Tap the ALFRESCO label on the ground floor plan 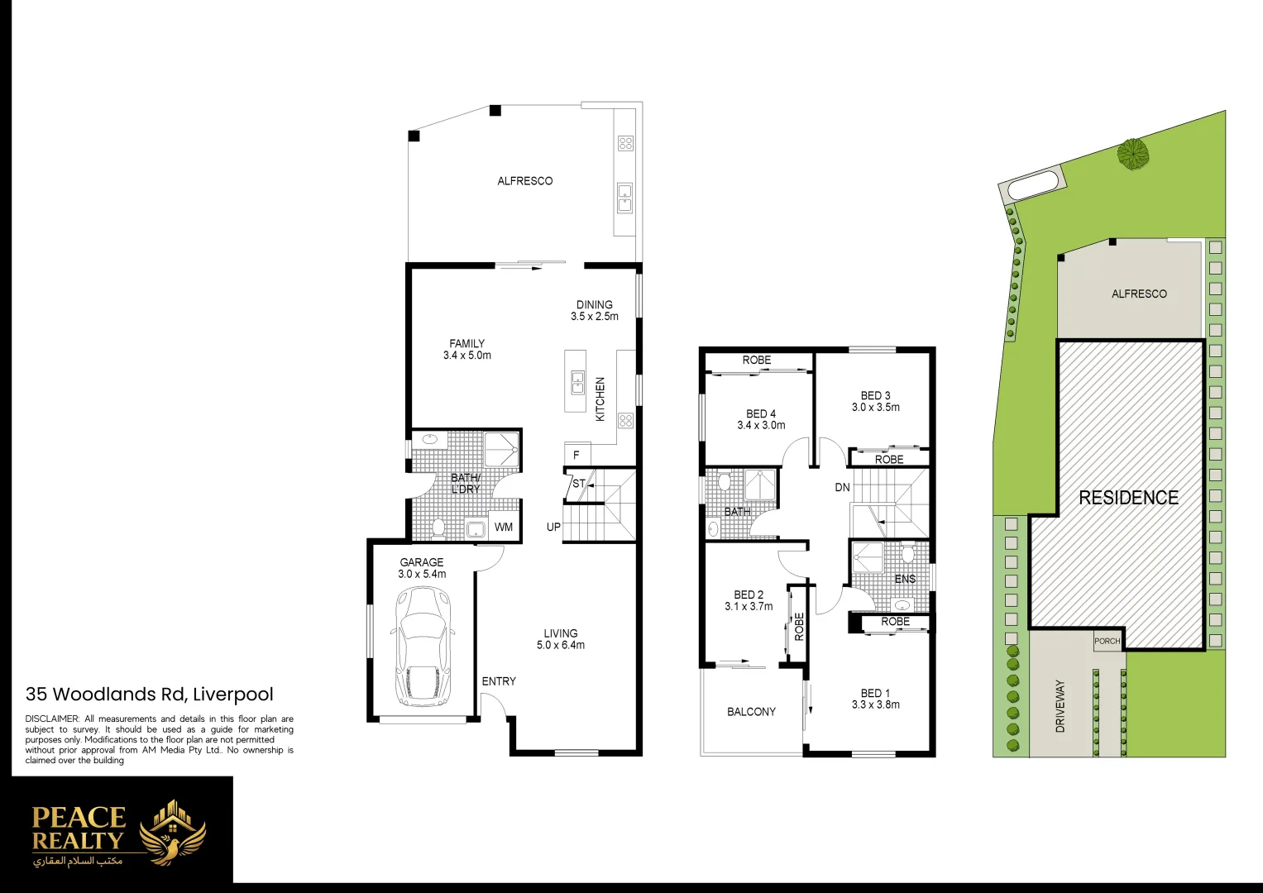coord(524,181)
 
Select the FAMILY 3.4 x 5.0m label coord(466,350)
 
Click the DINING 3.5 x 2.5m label coord(594,311)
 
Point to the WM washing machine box coord(504,528)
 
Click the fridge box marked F coord(576,456)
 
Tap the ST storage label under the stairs coord(579,484)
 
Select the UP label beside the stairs coord(553,528)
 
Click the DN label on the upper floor coord(842,488)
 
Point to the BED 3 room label coord(875,402)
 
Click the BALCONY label coord(751,712)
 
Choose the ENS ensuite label coord(905,580)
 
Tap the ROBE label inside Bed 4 coord(756,361)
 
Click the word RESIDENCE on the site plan coord(1128,498)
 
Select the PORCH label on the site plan coord(1107,642)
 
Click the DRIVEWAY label coord(1060,706)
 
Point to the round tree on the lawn coord(1133,154)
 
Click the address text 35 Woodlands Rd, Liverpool coord(150,695)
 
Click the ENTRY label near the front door coord(499,681)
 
